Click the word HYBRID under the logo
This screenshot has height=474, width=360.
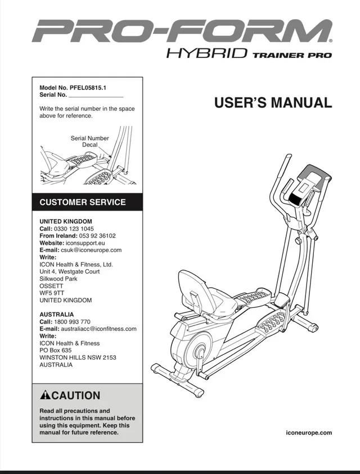(x=207, y=55)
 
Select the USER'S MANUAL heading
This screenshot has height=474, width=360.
(x=273, y=103)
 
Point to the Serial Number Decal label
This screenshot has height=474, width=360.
(x=89, y=141)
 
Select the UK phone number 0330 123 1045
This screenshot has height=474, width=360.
(x=74, y=229)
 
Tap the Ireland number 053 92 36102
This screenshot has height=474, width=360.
(x=97, y=236)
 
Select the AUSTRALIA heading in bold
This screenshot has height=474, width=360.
(x=56, y=314)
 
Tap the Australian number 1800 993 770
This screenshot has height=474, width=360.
(x=73, y=321)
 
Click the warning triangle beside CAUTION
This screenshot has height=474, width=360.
(x=46, y=395)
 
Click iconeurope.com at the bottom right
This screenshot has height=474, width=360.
(x=309, y=432)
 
